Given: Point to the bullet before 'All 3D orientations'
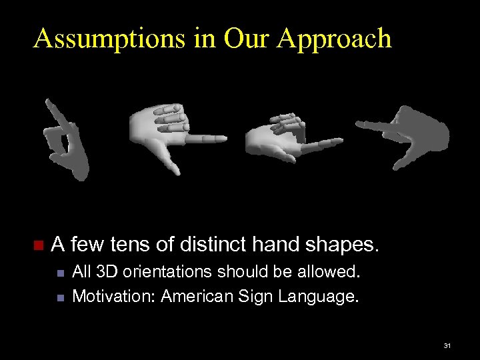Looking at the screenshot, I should [x=60, y=273].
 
